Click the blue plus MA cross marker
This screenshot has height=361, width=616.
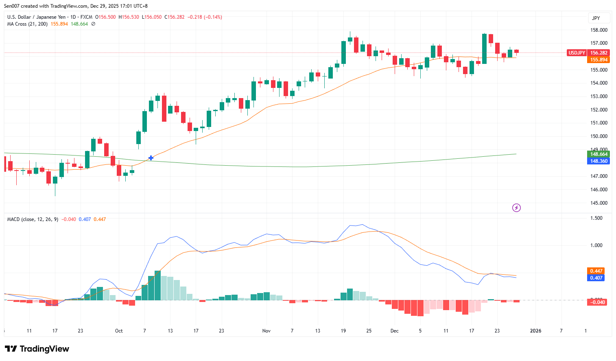(x=151, y=158)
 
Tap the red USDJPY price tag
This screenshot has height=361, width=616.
(x=577, y=53)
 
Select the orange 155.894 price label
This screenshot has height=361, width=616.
(x=599, y=60)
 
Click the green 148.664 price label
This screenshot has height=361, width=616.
(x=599, y=154)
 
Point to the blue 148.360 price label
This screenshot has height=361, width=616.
(x=599, y=161)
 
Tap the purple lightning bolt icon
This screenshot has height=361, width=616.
(x=516, y=208)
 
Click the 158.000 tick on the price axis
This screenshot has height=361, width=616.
(x=599, y=30)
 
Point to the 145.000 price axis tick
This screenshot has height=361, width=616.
(x=599, y=203)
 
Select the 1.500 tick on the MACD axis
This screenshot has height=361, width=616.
(x=596, y=219)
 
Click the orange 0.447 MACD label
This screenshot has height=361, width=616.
(x=596, y=271)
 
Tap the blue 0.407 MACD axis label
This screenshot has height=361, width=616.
(x=596, y=278)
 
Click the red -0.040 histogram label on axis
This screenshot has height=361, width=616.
(x=598, y=302)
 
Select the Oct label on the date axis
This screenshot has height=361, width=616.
(x=119, y=331)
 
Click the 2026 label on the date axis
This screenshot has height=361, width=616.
(x=535, y=331)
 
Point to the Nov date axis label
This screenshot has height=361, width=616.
(x=266, y=331)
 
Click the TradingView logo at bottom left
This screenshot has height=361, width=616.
(x=37, y=349)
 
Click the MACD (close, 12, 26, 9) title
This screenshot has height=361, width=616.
(x=33, y=219)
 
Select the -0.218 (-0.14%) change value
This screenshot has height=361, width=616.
(x=205, y=17)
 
